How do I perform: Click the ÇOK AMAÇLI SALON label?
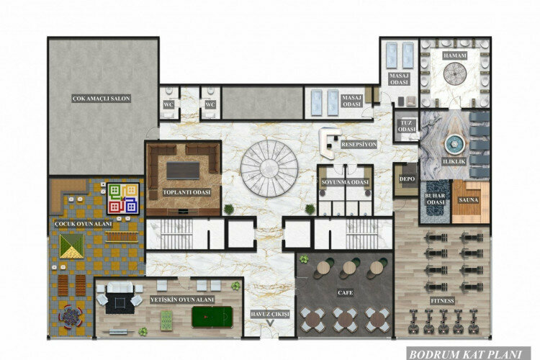click(101, 98)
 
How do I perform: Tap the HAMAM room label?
click(455, 55)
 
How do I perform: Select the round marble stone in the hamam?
click(455, 74)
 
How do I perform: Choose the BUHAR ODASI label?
click(435, 199)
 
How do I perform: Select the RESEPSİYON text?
click(359, 144)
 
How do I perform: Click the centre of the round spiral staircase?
click(269, 168)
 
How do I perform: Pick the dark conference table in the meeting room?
click(183, 169)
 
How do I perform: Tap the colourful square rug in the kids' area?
click(122, 198)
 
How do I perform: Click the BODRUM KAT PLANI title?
click(471, 354)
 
